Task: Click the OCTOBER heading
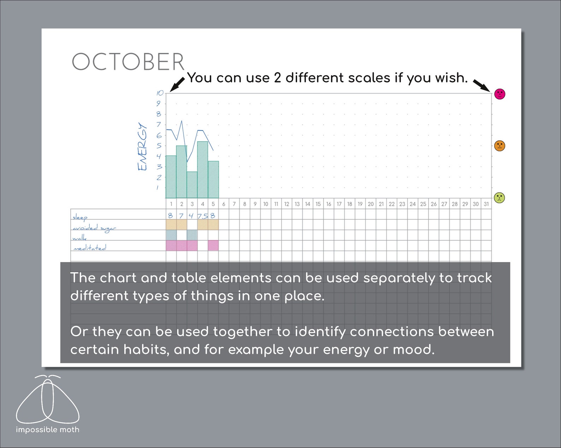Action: (x=128, y=62)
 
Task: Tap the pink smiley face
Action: (x=500, y=94)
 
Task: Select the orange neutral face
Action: (x=500, y=146)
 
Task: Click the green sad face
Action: (x=499, y=198)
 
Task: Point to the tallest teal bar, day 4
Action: (x=202, y=169)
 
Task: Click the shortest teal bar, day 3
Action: (x=192, y=185)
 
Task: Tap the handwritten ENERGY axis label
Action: (x=142, y=146)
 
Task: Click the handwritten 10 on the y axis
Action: (x=160, y=93)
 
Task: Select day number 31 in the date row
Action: (x=486, y=204)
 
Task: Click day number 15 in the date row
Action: (x=318, y=204)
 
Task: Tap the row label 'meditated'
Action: (x=90, y=248)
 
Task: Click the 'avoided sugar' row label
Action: (x=94, y=228)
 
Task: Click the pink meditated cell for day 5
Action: (x=213, y=246)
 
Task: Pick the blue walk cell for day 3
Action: (x=192, y=235)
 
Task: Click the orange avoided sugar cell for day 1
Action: (x=171, y=225)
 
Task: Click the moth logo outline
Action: (x=48, y=400)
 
